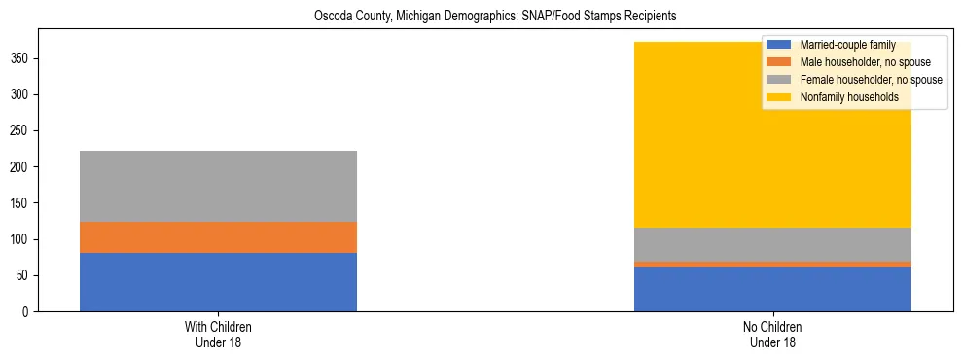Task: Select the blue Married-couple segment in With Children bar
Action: pos(218,282)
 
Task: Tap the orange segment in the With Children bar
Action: pos(218,237)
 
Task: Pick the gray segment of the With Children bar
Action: pos(218,186)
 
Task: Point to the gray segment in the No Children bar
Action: pos(772,244)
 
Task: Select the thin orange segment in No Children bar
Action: pos(772,264)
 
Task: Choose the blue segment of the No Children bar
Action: pos(772,289)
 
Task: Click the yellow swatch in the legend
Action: pos(779,97)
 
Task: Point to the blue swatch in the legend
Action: pos(779,45)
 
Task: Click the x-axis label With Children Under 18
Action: pos(218,335)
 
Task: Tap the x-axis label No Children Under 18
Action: pos(772,335)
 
